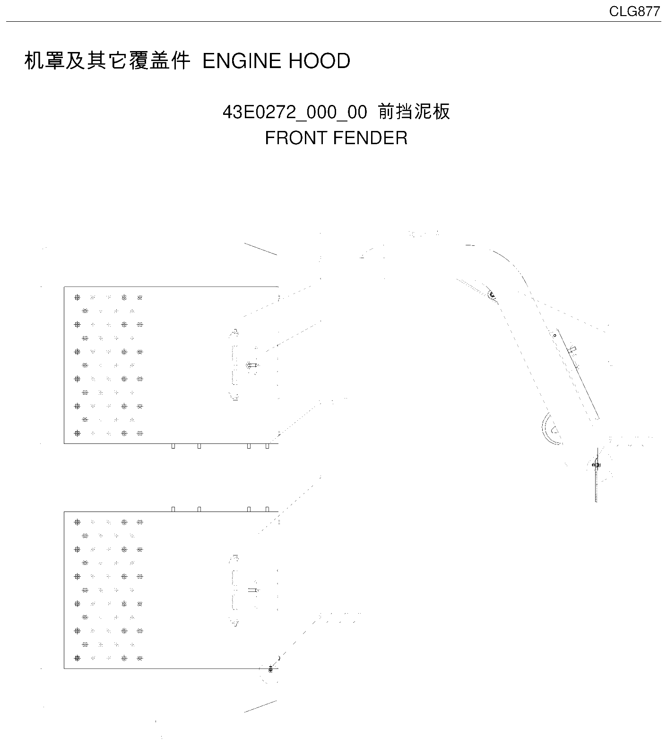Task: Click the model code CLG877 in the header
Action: [634, 11]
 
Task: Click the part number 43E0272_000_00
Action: [295, 113]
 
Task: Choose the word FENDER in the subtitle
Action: [370, 138]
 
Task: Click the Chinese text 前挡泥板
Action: [414, 112]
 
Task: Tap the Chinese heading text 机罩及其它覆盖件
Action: [107, 61]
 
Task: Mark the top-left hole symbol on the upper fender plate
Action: [78, 297]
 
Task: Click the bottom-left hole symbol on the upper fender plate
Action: [78, 433]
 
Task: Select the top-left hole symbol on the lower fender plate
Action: [78, 522]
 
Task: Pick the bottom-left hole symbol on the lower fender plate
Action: [78, 658]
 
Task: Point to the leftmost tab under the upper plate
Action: [173, 446]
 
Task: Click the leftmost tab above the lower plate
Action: [173, 509]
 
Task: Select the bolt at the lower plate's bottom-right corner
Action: [270, 668]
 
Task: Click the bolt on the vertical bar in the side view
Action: [596, 465]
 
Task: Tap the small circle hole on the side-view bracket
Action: [555, 336]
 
